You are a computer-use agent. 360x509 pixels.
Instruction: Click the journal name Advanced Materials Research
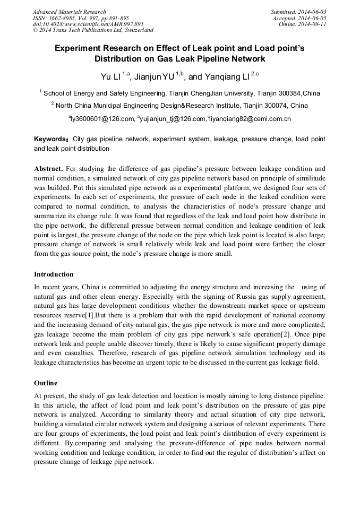(x=69, y=12)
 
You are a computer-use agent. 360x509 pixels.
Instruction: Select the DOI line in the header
(x=88, y=24)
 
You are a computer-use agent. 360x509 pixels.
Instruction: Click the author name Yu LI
(x=111, y=77)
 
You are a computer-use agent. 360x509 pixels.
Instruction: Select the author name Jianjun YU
(x=155, y=77)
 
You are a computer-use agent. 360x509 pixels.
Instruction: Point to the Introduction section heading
(x=54, y=274)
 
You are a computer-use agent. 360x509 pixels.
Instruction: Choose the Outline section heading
(x=46, y=383)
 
